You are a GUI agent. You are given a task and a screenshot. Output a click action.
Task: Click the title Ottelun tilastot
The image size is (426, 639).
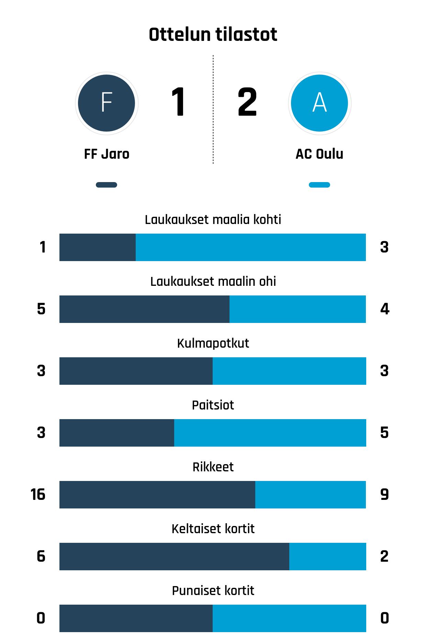[x=213, y=34]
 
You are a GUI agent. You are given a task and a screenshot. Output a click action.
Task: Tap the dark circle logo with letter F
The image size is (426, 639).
[x=106, y=103]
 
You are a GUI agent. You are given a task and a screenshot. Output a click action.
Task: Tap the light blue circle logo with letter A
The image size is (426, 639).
[x=319, y=103]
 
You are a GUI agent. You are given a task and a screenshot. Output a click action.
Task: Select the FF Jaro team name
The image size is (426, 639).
[x=106, y=154]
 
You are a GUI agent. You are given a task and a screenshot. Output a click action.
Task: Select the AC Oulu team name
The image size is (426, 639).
[x=319, y=154]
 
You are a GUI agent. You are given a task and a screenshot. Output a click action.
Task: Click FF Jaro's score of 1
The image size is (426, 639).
[x=178, y=102]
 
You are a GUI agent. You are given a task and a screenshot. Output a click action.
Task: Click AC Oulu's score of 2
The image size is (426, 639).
[x=247, y=102]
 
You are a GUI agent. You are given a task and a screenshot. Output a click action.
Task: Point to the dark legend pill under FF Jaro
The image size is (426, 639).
[x=106, y=185]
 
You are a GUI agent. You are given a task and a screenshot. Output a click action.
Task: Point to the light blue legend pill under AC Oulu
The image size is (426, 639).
[x=319, y=185]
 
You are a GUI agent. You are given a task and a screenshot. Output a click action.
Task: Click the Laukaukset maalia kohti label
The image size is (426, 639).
[x=213, y=220]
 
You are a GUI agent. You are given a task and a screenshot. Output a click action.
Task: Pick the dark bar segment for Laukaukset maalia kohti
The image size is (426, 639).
[x=98, y=247]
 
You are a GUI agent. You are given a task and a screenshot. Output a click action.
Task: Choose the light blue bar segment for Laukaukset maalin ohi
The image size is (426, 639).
[x=298, y=309]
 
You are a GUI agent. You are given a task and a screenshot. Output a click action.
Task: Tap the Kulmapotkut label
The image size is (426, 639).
[x=213, y=343]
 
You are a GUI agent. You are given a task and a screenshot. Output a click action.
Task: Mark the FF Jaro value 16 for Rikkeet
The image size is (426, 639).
[x=38, y=494]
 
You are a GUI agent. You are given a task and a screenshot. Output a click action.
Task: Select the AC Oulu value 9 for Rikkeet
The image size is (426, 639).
[x=384, y=494]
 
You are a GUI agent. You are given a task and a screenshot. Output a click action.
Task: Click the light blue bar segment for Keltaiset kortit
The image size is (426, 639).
[x=327, y=557]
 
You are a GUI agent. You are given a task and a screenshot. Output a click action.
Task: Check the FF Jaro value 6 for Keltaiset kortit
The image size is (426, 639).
[x=41, y=556]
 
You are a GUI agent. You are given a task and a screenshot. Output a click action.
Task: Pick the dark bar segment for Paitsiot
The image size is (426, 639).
[x=117, y=433]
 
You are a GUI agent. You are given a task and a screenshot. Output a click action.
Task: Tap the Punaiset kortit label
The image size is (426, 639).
[x=213, y=591]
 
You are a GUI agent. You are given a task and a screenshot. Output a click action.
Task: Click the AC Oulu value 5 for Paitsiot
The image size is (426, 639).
[x=384, y=433]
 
